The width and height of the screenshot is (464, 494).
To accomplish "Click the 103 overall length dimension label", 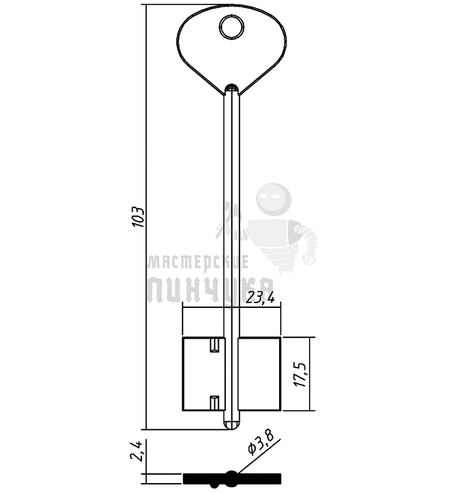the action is point(138,217).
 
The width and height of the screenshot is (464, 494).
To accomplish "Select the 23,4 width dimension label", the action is point(260,298).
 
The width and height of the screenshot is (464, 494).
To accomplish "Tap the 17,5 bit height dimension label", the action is point(300,375).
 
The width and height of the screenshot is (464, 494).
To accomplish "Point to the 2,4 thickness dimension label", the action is point(137,451).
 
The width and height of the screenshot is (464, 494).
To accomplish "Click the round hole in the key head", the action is point(231,27).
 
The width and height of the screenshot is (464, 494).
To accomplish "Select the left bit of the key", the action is point(204,374).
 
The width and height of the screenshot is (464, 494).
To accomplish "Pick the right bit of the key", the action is point(259,374).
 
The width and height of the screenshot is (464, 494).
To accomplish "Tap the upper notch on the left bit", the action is point(215,345).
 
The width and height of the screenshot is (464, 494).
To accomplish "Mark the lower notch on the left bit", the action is point(215,402).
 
